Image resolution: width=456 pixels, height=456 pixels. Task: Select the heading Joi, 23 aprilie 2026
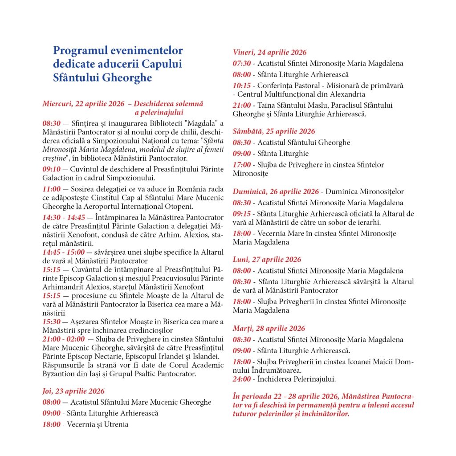pyautogui.click(x=73, y=391)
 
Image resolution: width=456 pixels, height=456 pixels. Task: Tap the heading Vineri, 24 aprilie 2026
pyautogui.click(x=270, y=53)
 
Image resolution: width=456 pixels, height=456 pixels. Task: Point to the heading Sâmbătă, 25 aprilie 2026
pyautogui.click(x=274, y=131)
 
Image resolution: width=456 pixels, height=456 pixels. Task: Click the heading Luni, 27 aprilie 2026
pyautogui.click(x=267, y=260)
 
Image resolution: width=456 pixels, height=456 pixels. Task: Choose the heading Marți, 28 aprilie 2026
pyautogui.click(x=269, y=329)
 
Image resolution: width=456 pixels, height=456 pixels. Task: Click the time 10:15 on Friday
pyautogui.click(x=241, y=85)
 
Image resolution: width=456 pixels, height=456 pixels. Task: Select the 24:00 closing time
pyautogui.click(x=241, y=379)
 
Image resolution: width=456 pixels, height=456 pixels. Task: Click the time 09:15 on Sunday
pyautogui.click(x=241, y=214)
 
